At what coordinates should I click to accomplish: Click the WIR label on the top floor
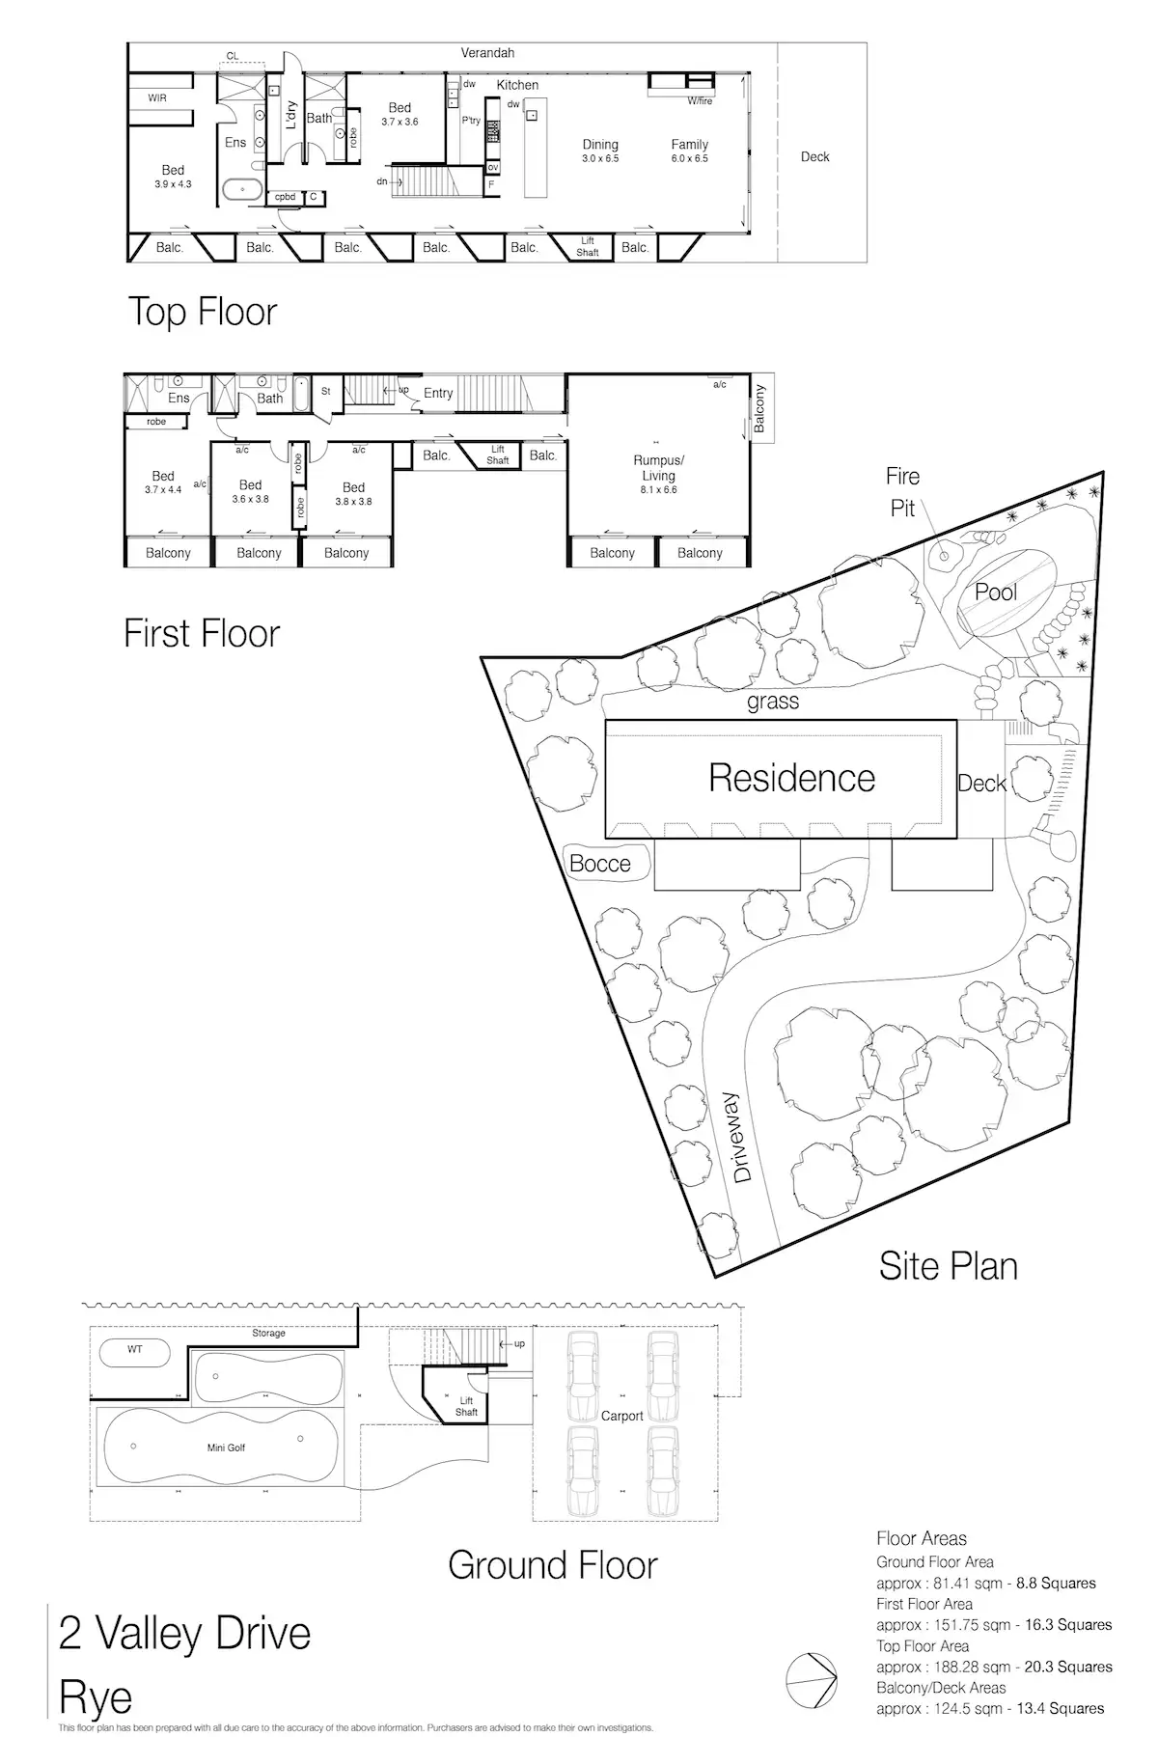pyautogui.click(x=157, y=97)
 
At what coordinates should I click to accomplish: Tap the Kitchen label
pyautogui.click(x=517, y=85)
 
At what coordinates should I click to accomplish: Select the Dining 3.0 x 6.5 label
pyautogui.click(x=600, y=151)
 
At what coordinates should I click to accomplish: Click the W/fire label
pyautogui.click(x=700, y=100)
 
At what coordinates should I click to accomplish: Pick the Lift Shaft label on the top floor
pyautogui.click(x=588, y=247)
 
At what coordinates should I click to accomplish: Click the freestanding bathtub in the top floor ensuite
pyautogui.click(x=242, y=189)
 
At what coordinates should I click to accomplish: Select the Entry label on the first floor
pyautogui.click(x=438, y=393)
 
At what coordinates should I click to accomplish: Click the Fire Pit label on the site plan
pyautogui.click(x=902, y=492)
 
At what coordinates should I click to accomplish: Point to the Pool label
pyautogui.click(x=996, y=592)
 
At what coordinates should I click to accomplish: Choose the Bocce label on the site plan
pyautogui.click(x=599, y=864)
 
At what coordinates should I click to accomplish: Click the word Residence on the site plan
pyautogui.click(x=791, y=778)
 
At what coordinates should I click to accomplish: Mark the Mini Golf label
pyautogui.click(x=226, y=1447)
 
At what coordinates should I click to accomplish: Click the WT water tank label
pyautogui.click(x=134, y=1349)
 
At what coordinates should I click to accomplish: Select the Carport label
pyautogui.click(x=621, y=1416)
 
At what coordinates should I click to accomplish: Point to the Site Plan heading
pyautogui.click(x=948, y=1266)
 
